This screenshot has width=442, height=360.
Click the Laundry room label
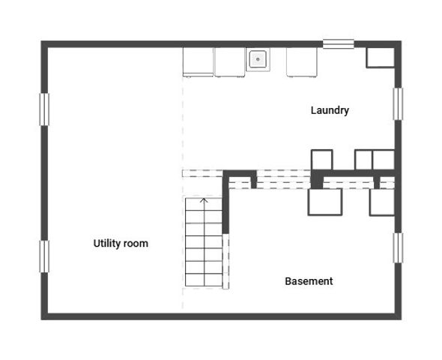tap(330, 110)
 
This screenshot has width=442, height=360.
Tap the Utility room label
tap(121, 244)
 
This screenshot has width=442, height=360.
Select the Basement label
tap(309, 281)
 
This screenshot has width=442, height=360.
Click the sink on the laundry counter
tap(258, 58)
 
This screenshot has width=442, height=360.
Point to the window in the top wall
tap(338, 43)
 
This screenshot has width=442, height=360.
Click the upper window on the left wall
tap(44, 108)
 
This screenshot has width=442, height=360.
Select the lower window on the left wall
tap(44, 255)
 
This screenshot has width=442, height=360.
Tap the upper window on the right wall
tap(398, 103)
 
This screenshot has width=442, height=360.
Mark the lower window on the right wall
tap(398, 247)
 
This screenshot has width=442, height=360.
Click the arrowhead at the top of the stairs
tap(204, 200)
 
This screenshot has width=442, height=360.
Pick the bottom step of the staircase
tap(204, 279)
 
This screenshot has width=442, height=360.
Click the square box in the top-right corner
tap(379, 58)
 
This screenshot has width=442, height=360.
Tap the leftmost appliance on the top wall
tap(198, 61)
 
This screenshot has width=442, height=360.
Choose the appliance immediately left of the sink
tap(229, 61)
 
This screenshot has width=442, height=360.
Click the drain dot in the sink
tap(258, 57)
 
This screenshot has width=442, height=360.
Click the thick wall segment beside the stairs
tap(225, 202)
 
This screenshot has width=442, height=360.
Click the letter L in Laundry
tap(313, 110)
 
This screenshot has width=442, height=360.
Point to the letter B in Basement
tap(288, 281)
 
